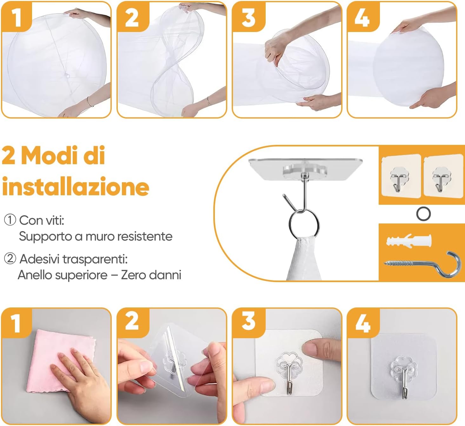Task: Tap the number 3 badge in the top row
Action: tap(248, 16)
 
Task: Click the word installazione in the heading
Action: tap(76, 187)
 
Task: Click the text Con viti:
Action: tap(42, 220)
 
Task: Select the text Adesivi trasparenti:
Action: tap(73, 259)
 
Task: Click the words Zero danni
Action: tap(151, 275)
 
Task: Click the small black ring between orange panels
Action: tap(423, 214)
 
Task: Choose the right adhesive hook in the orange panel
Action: tap(442, 179)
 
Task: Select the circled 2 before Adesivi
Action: tap(10, 259)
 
